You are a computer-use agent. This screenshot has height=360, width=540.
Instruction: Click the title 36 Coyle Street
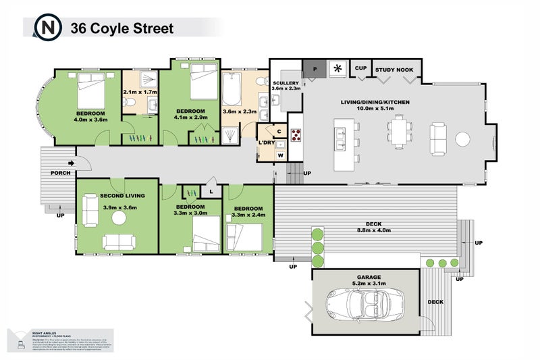122,28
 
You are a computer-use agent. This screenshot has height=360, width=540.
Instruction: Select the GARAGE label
365,277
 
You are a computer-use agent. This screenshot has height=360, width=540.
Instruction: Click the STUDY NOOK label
396,69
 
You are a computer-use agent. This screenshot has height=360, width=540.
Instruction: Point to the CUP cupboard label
361,68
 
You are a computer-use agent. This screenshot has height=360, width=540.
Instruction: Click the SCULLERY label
286,82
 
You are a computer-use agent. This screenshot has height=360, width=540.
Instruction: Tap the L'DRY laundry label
265,143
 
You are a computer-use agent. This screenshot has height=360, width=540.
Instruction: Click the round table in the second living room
119,217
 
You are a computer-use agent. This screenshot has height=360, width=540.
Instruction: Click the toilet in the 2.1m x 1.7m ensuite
133,103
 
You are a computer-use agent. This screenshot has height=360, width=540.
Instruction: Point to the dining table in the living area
398,132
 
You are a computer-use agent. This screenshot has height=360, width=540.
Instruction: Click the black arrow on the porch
72,163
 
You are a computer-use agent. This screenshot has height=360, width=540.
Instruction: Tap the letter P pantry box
313,68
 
